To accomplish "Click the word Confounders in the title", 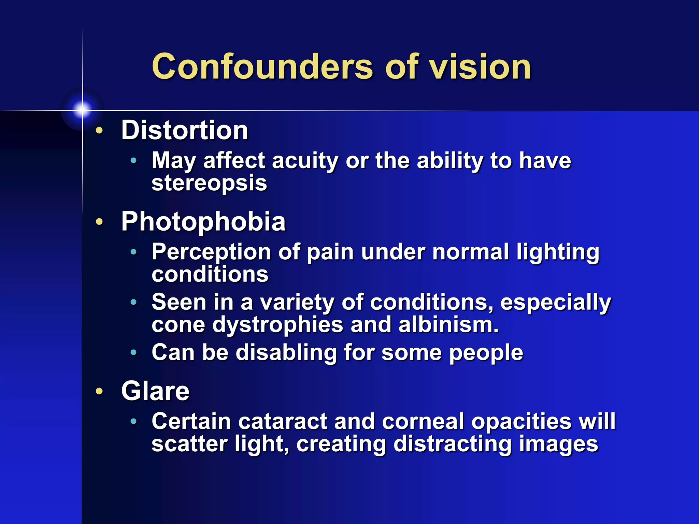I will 262,67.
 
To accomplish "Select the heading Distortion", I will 185,130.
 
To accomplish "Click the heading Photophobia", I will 203,222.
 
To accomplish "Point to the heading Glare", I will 155,391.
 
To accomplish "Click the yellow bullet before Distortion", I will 99,131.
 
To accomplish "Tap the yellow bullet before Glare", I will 99,391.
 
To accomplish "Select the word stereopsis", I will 209,184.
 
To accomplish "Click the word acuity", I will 305,160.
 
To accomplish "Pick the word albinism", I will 448,324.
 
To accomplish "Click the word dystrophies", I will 277,324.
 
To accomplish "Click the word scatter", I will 189,444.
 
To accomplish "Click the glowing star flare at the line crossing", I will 82,110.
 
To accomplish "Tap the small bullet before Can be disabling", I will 134,352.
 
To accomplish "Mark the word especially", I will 556,302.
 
